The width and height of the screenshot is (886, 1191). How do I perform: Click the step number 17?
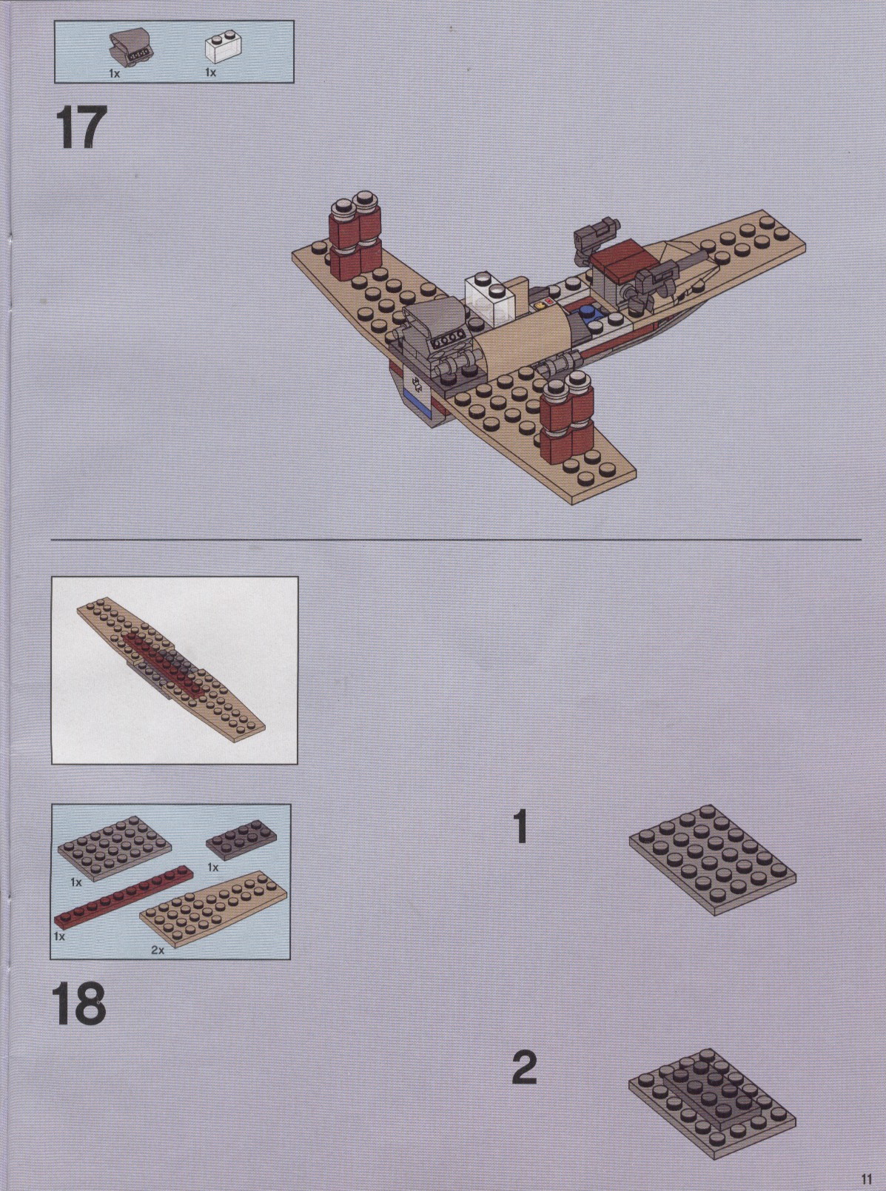(x=81, y=127)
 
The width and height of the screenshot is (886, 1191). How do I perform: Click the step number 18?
(x=78, y=1003)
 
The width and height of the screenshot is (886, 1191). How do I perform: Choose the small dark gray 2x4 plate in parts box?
(x=241, y=847)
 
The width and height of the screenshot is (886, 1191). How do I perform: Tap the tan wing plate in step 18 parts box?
(x=213, y=907)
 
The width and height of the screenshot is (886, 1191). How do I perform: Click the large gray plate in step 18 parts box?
(x=115, y=848)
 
